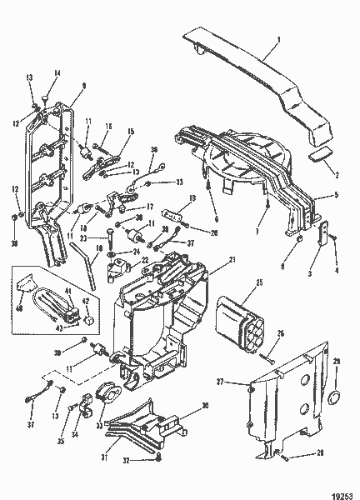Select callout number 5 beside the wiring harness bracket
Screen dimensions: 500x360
tap(336, 195)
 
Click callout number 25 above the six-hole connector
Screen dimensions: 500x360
tap(259, 284)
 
